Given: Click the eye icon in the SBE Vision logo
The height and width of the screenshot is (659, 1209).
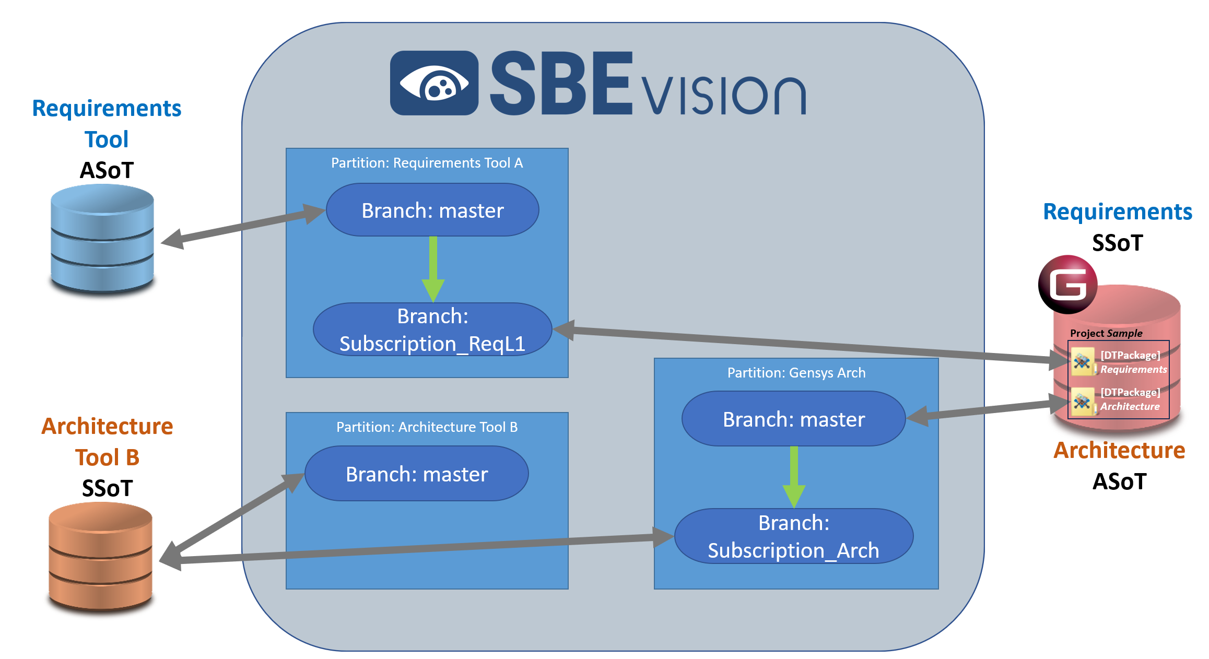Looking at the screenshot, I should pyautogui.click(x=434, y=84).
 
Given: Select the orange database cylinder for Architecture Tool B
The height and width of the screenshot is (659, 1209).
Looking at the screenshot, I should pyautogui.click(x=100, y=556).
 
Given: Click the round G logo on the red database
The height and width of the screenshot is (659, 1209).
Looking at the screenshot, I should pyautogui.click(x=1067, y=285).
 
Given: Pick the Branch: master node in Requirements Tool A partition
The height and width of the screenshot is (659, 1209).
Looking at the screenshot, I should pyautogui.click(x=432, y=210).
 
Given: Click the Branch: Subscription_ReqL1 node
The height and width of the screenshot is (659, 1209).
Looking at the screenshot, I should pyautogui.click(x=432, y=330).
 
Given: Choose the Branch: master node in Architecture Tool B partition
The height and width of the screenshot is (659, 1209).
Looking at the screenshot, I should pyautogui.click(x=417, y=474).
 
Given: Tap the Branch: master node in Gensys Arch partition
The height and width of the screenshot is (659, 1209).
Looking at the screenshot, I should pyautogui.click(x=794, y=419).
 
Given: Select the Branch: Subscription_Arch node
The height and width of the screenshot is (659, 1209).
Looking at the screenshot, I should pyautogui.click(x=794, y=537).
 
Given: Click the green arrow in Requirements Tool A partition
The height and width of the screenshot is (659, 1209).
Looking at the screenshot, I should pyautogui.click(x=433, y=268).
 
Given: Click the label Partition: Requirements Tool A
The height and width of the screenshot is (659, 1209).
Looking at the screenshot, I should pyautogui.click(x=427, y=163).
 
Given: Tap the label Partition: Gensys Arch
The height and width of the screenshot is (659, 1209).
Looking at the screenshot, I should pyautogui.click(x=796, y=373).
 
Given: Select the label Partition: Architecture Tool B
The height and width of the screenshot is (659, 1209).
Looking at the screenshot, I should pyautogui.click(x=427, y=427).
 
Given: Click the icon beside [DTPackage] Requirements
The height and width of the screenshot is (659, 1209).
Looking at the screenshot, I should pyautogui.click(x=1083, y=361).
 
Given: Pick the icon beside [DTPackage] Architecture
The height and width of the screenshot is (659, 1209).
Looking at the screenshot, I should pyautogui.click(x=1083, y=401).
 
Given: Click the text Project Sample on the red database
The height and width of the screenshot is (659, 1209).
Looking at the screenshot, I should pyautogui.click(x=1106, y=333).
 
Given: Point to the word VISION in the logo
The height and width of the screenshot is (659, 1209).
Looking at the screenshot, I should pyautogui.click(x=723, y=95).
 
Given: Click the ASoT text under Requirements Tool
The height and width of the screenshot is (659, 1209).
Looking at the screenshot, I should pyautogui.click(x=107, y=170).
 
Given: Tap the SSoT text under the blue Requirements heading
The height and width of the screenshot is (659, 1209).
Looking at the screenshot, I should pyautogui.click(x=1117, y=243).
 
